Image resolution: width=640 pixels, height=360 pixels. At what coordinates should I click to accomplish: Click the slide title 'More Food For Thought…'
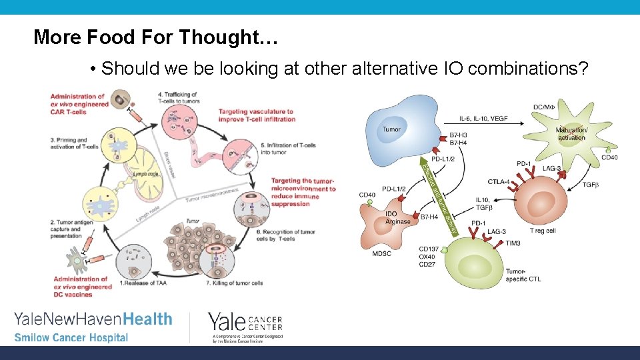155,37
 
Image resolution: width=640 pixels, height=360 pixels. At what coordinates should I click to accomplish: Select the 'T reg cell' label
542,230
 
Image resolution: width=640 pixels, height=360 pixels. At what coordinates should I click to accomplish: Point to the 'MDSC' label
381,253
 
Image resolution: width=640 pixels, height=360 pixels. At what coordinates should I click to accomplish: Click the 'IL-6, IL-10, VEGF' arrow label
483,119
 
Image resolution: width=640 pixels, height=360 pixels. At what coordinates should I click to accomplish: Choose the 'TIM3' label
513,243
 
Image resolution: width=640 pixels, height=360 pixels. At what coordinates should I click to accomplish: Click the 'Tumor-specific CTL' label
523,275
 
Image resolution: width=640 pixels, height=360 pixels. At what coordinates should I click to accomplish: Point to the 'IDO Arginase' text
398,218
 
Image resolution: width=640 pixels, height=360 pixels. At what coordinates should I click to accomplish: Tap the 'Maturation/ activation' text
571,133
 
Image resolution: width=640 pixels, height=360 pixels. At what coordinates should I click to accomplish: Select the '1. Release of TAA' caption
144,283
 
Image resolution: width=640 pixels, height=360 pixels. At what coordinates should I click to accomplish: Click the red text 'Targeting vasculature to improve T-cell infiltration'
257,115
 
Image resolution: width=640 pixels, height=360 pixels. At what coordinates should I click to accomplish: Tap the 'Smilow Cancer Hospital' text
71,337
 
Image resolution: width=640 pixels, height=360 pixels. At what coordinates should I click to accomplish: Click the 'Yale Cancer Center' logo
245,325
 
